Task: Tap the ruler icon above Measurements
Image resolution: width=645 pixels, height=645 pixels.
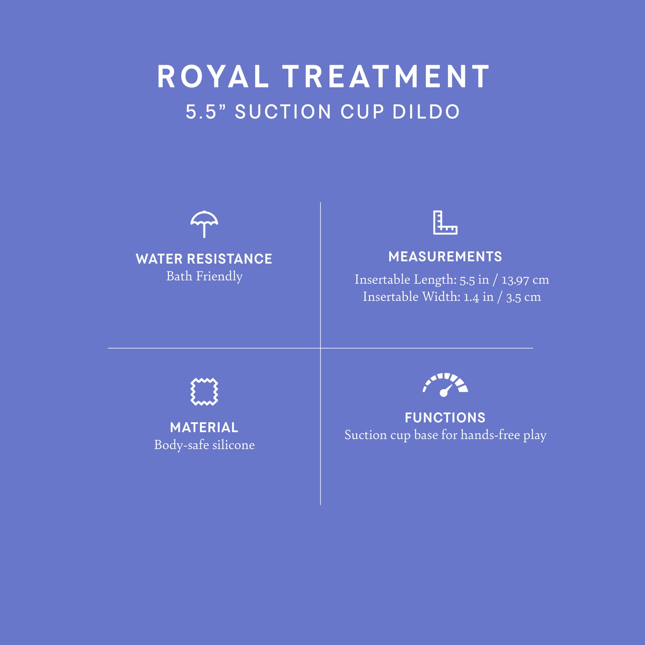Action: [x=445, y=222]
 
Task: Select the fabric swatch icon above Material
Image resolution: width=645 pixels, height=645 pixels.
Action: [x=204, y=391]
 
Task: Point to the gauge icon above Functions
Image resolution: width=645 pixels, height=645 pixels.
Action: [x=445, y=384]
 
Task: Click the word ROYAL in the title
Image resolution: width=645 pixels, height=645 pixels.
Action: [x=213, y=77]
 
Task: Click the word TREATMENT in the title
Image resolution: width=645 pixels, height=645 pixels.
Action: [x=386, y=77]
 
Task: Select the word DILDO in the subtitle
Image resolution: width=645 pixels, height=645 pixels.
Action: [x=426, y=112]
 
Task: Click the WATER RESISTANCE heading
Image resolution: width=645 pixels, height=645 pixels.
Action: [x=204, y=259]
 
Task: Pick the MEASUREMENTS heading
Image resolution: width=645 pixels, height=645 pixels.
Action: [x=445, y=257]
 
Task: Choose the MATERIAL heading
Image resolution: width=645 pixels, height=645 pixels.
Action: [x=204, y=428]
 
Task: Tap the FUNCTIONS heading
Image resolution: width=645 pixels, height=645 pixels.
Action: [x=445, y=418]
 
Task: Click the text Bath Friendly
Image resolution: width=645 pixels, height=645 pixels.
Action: [x=204, y=276]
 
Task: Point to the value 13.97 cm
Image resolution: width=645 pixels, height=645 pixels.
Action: [x=525, y=280]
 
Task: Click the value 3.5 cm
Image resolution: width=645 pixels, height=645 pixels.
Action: [x=523, y=297]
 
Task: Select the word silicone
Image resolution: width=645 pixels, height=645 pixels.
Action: [x=233, y=445]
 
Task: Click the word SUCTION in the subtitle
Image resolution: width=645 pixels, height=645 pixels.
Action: [x=283, y=112]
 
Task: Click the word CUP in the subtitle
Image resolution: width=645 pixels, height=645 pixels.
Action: [x=362, y=112]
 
